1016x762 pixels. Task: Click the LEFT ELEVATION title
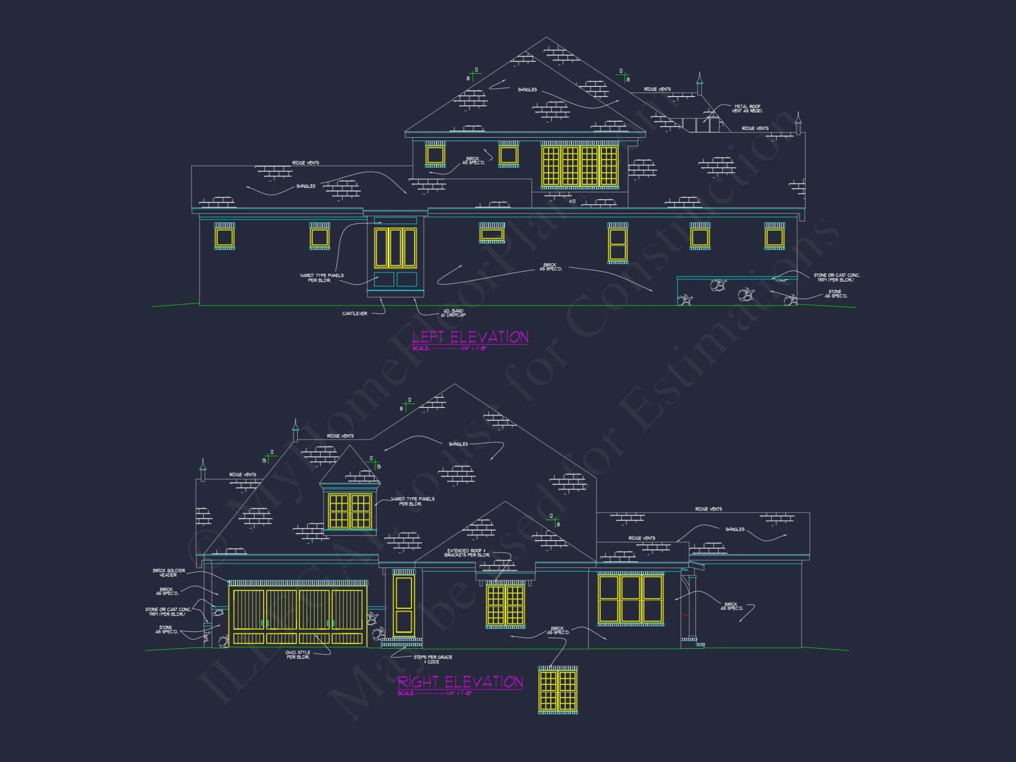470,337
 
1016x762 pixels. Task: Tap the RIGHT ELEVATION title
460,682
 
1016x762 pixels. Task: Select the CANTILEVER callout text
355,313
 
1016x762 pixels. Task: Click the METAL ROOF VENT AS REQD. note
747,109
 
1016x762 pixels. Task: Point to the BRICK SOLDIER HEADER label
169,573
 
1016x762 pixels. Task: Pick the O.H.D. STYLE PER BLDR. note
298,655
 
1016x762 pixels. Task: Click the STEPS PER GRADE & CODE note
433,659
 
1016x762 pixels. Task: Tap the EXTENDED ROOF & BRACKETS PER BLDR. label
466,553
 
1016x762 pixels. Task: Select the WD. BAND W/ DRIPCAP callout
453,313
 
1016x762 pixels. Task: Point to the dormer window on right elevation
350,511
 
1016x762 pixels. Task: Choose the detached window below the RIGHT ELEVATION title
558,690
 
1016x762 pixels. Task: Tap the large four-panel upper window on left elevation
580,166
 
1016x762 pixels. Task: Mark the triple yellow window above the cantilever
395,247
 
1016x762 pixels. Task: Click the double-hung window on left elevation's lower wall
618,245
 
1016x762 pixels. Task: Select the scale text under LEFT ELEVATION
450,348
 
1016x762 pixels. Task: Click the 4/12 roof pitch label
572,202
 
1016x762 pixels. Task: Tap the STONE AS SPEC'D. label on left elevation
836,294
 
